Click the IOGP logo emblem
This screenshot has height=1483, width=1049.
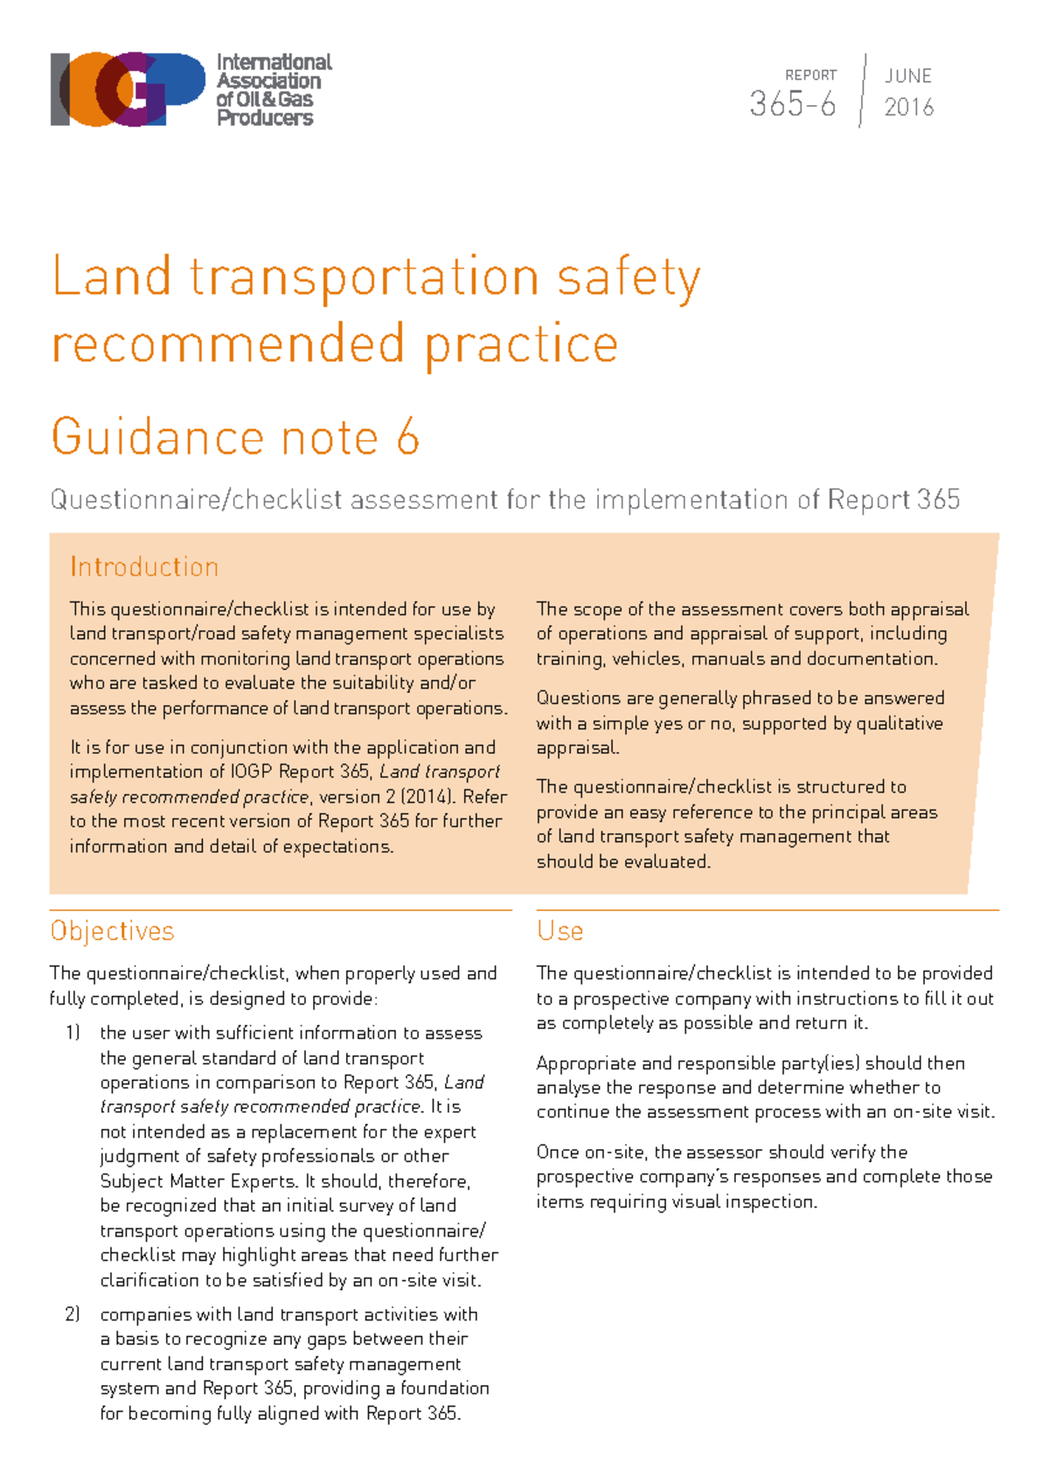(x=128, y=89)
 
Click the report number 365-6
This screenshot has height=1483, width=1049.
(x=792, y=105)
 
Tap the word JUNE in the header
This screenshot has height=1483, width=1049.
(x=908, y=76)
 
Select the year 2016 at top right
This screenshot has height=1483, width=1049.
(x=909, y=108)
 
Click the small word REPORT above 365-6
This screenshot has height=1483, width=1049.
(x=810, y=75)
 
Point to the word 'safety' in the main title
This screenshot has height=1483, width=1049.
(x=629, y=278)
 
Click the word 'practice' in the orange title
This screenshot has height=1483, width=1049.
(x=522, y=345)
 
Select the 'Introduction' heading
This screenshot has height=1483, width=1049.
(x=144, y=567)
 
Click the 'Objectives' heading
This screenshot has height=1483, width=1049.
(x=112, y=931)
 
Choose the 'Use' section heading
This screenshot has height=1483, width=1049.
(x=559, y=931)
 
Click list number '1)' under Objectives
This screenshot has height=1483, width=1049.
(x=73, y=1033)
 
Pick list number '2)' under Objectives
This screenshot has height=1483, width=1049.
(x=73, y=1314)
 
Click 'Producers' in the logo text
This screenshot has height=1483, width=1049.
(x=265, y=118)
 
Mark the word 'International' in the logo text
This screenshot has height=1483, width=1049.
(x=274, y=63)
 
